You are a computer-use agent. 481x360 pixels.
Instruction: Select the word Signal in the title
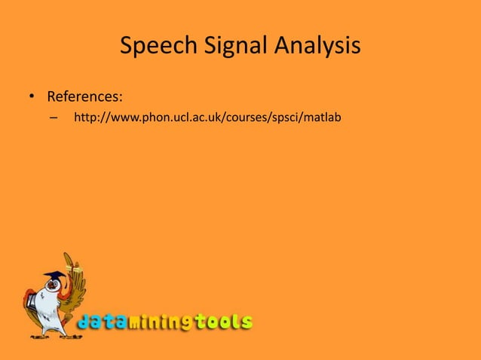click(x=225, y=47)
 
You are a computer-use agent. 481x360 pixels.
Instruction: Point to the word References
click(x=84, y=97)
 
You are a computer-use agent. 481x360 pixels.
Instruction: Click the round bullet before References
click(x=32, y=98)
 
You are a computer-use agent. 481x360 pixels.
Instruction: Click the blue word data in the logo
click(x=101, y=322)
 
